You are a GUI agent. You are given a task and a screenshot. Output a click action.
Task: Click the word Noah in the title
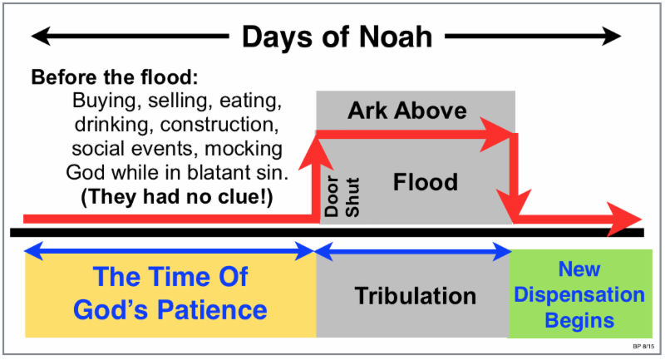(396, 37)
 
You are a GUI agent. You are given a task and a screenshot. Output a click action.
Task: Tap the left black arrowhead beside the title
(41, 36)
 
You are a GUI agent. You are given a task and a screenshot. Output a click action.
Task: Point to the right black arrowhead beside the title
(611, 36)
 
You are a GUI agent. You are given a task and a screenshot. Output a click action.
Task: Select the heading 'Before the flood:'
(115, 77)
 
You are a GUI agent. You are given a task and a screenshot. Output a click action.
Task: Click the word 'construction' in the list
(219, 124)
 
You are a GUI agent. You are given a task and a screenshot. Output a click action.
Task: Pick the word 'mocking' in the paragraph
(244, 150)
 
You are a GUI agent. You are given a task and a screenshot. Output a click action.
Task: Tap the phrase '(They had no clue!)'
(177, 197)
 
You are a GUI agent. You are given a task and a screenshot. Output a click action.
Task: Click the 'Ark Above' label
(407, 111)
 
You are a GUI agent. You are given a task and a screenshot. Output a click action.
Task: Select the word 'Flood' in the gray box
(426, 182)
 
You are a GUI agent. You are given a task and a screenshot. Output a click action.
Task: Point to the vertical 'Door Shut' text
(342, 197)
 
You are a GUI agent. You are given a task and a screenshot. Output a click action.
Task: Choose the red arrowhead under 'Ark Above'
(496, 135)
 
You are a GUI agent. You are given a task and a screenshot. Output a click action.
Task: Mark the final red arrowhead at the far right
(624, 219)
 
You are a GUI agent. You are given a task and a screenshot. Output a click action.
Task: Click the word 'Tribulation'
(415, 296)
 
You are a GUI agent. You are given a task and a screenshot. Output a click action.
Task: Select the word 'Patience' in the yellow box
(212, 310)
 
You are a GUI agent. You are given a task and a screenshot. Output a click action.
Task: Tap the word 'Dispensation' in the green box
(579, 294)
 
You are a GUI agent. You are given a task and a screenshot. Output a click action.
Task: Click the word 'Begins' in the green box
(579, 321)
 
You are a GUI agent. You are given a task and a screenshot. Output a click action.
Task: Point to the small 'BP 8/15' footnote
(643, 347)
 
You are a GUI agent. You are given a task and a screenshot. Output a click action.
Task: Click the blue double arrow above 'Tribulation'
(413, 252)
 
